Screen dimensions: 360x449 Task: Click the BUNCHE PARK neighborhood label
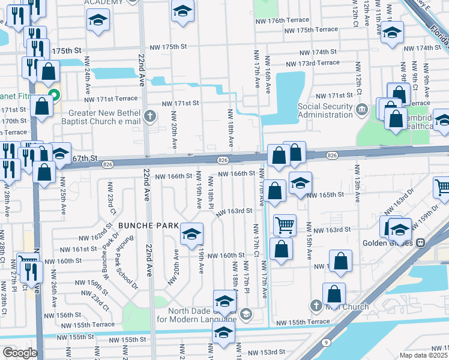pos(148,226)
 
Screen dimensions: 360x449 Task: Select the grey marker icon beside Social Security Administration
pos(362,109)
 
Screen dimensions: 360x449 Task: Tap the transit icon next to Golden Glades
pos(421,243)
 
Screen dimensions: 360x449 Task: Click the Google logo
pos(20,352)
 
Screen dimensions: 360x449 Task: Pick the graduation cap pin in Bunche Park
pos(191,234)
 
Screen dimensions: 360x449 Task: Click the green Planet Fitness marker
pos(53,95)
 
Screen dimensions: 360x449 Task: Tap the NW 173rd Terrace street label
pos(313,63)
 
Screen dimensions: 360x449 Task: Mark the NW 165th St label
pos(325,195)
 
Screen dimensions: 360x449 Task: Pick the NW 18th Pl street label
pos(211,193)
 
